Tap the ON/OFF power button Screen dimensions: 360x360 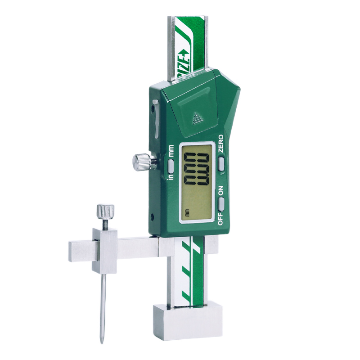tap(220, 205)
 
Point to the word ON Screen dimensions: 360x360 tap(220, 191)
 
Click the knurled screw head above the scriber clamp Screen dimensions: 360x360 tap(105, 210)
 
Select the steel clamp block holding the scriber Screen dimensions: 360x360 tap(104, 250)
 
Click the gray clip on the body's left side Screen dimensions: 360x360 tap(155, 119)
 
